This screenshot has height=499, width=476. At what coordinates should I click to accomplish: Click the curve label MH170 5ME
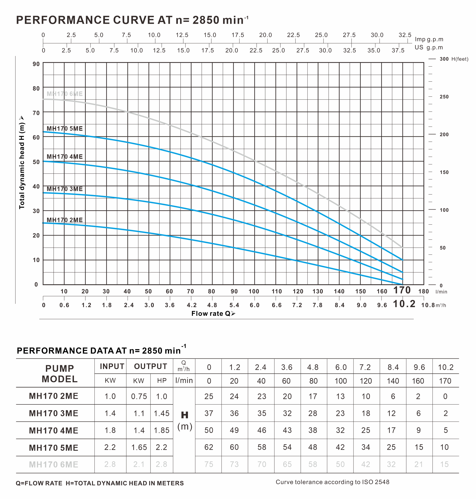[x=65, y=128]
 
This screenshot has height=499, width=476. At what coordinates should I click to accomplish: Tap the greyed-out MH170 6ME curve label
[x=65, y=94]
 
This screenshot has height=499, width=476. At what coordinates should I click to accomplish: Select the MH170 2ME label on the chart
[x=65, y=220]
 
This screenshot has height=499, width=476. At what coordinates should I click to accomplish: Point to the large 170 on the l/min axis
[x=402, y=290]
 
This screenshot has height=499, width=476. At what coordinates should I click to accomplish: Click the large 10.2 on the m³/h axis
[x=404, y=304]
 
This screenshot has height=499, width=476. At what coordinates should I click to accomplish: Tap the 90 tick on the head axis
[x=36, y=64]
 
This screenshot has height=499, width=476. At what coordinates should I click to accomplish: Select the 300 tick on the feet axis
[x=444, y=59]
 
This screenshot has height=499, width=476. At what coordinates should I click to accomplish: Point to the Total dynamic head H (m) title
[x=22, y=163]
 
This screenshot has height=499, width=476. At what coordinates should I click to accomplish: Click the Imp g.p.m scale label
[x=429, y=39]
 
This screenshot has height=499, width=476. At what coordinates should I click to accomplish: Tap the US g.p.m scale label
[x=429, y=48]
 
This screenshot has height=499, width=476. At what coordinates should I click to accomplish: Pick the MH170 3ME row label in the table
[x=54, y=413]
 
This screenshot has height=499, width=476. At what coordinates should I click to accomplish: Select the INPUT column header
[x=112, y=366]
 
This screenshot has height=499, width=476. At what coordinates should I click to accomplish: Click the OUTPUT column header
[x=151, y=366]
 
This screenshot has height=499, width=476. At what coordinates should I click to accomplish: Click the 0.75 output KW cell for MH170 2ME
[x=139, y=396]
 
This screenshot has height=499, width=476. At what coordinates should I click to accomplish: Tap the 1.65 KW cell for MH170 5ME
[x=139, y=447]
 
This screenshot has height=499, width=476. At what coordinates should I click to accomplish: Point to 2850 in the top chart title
[x=206, y=20]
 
